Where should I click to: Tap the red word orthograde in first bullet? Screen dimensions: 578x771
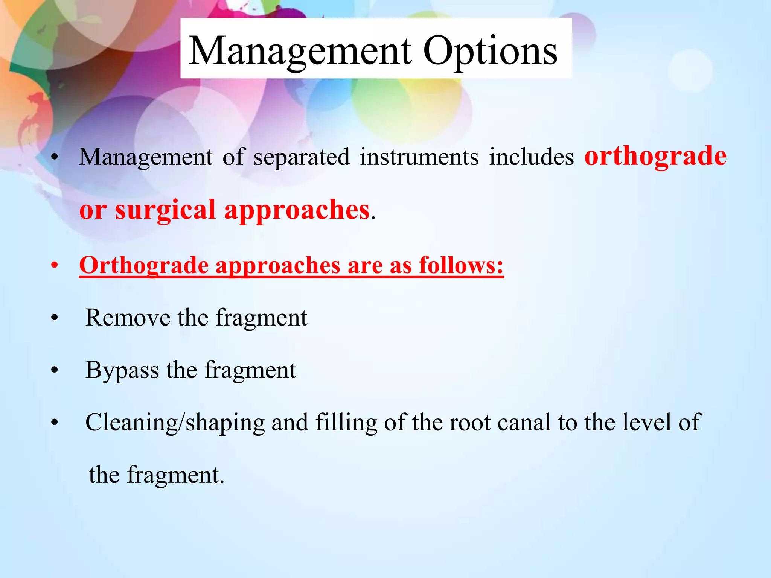[655, 156]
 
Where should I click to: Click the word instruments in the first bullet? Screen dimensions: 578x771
[419, 157]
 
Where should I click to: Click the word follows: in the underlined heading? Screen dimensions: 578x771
[461, 265]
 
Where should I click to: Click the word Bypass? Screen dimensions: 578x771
[122, 371]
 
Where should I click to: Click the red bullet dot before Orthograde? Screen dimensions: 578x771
[55, 266]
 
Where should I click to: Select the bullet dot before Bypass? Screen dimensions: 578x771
[55, 370]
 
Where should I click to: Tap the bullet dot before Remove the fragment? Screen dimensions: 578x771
[55, 318]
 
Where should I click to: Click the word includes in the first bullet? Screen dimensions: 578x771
[531, 157]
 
